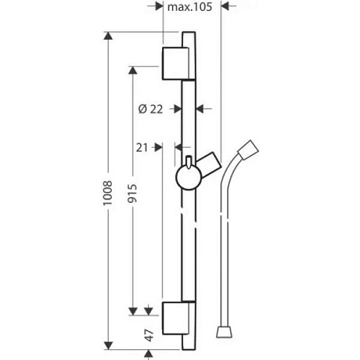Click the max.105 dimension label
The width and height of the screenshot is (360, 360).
click(189, 6)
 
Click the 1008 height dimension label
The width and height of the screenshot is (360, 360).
click(107, 193)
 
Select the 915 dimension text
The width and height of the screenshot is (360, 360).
click(132, 194)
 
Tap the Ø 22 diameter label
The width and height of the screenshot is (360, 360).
click(150, 109)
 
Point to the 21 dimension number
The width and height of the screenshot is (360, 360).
click(142, 148)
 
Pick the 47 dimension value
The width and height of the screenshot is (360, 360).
click(149, 336)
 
